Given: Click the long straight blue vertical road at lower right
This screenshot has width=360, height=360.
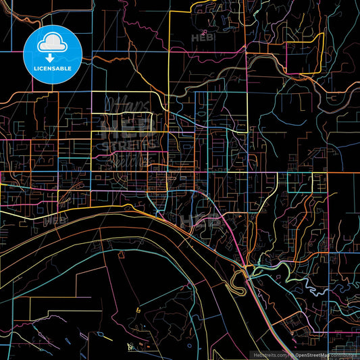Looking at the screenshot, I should click(330, 317).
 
